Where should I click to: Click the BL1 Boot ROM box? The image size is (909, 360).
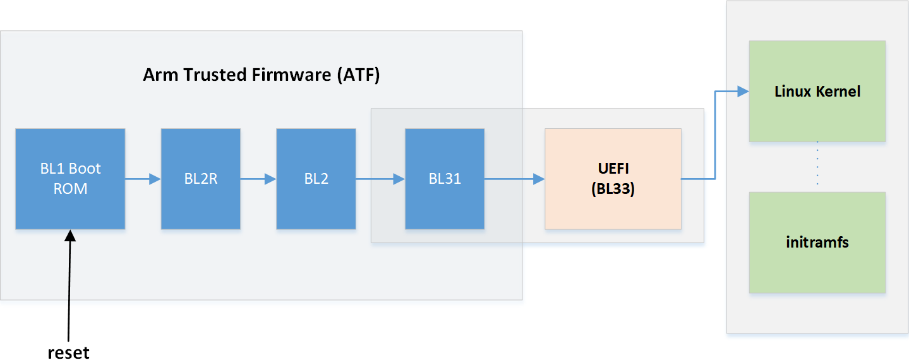click(70, 179)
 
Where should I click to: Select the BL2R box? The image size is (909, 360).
click(200, 179)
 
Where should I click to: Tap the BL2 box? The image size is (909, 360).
click(316, 179)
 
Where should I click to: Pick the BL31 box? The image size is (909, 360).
click(444, 179)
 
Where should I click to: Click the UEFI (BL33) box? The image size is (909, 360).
click(613, 179)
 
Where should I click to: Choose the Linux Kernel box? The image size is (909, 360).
click(817, 91)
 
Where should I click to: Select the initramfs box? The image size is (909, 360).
click(817, 242)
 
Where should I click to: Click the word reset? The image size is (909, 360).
click(68, 351)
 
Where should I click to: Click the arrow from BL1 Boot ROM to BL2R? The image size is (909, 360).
click(143, 179)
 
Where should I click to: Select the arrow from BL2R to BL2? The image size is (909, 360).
click(258, 179)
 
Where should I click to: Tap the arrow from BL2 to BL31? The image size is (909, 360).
click(380, 179)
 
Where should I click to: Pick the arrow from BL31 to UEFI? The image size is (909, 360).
click(514, 179)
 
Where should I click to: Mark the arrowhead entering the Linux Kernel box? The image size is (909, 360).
click(743, 92)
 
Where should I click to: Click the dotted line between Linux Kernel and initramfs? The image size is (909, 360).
click(817, 165)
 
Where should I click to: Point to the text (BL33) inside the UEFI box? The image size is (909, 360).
click(613, 189)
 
